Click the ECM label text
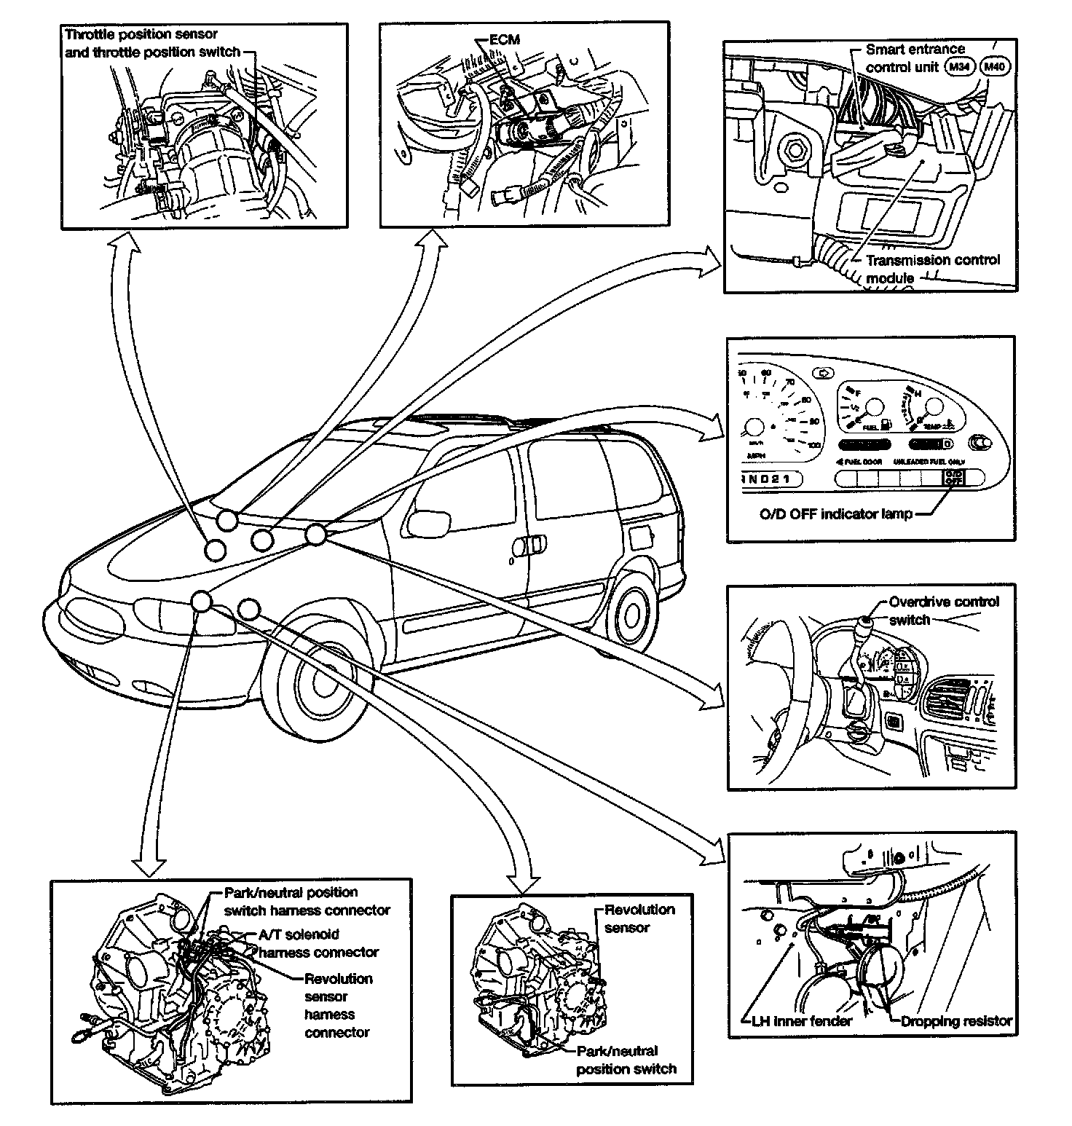pyautogui.click(x=504, y=39)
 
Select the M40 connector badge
pyautogui.click(x=996, y=67)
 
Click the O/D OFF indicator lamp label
pyautogui.click(x=835, y=514)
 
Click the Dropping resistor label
pyautogui.click(x=956, y=1021)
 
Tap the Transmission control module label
pyautogui.click(x=932, y=269)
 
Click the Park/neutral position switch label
pyautogui.click(x=626, y=1060)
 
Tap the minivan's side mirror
pyautogui.click(x=426, y=521)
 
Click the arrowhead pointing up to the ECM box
pyautogui.click(x=437, y=244)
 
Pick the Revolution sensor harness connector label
pyautogui.click(x=338, y=1005)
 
